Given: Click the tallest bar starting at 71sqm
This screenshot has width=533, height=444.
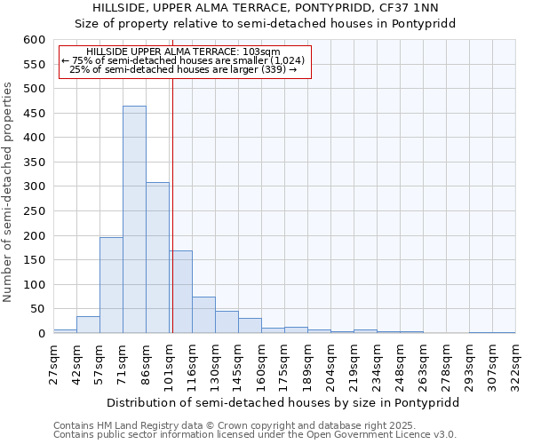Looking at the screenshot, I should tap(134, 219).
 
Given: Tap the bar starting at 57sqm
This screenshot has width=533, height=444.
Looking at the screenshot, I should tap(111, 285).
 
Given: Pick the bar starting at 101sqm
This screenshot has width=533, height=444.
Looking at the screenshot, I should tap(180, 291).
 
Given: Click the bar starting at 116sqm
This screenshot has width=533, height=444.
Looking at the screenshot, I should tap(203, 314).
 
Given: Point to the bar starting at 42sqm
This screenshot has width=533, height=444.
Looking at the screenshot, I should tap(88, 324).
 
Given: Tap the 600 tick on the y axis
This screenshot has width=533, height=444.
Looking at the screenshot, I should tap(34, 40).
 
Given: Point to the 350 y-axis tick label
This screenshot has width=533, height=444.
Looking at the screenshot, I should tap(34, 163).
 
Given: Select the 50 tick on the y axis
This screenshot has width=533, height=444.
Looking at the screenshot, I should tap(36, 309).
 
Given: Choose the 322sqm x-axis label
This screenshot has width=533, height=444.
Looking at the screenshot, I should tap(516, 366).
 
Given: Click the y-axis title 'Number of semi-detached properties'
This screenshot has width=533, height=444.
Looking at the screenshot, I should tap(9, 192).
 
